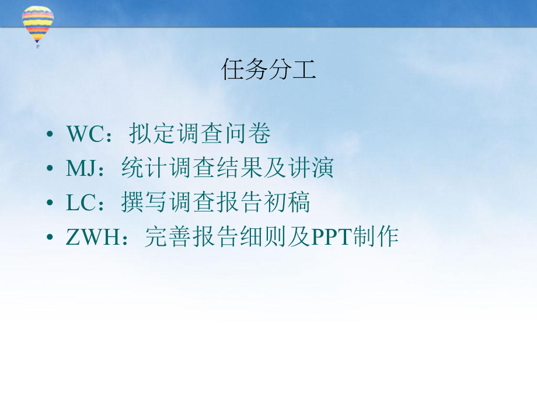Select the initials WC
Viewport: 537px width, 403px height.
point(85,134)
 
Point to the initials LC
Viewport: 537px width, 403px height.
point(79,203)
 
